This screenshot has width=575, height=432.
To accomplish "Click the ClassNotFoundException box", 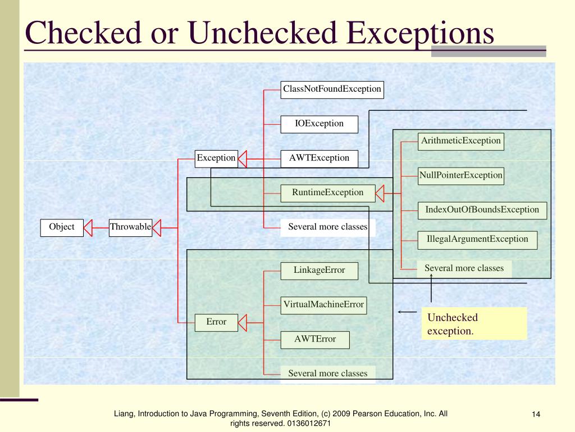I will tap(332, 89).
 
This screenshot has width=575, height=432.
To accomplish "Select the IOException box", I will tap(319, 124).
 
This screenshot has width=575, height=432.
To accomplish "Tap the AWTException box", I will tap(319, 158).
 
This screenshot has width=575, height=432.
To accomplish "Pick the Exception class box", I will tap(216, 158).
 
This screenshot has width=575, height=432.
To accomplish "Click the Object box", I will tap(62, 227).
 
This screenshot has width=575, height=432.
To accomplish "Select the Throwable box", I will tap(130, 227).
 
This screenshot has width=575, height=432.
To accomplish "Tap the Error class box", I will tap(216, 322).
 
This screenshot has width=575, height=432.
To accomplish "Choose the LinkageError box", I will tap(319, 271).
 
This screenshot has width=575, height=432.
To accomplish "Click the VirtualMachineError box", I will tap(323, 305).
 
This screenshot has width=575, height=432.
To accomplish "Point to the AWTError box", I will tap(315, 339).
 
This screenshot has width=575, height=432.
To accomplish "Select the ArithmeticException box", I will tap(461, 141).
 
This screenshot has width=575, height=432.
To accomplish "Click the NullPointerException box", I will tap(460, 175).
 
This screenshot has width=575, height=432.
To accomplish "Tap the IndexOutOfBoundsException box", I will tap(482, 210).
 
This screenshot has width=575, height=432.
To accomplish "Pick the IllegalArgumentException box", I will tap(477, 240).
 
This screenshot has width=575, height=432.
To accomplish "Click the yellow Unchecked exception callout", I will tap(474, 324).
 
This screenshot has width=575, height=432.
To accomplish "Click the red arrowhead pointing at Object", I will tap(88, 227).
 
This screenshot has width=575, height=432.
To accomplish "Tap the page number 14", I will tap(536, 415).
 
